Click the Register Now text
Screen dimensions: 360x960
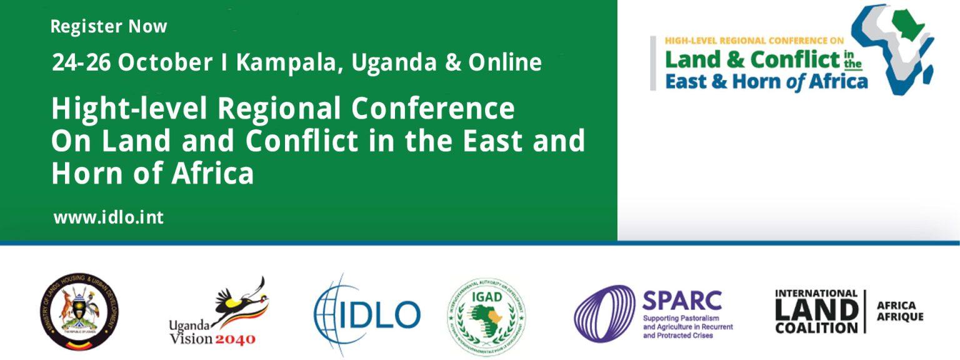coord(109,27)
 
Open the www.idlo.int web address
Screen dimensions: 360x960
coord(109,217)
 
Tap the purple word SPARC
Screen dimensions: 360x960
coord(682,301)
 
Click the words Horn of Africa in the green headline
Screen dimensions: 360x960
coord(152,173)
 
